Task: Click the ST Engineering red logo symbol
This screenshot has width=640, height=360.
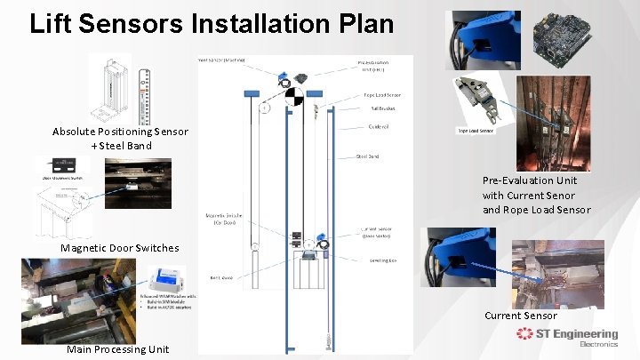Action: [524, 334]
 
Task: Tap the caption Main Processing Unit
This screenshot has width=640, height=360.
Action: [118, 349]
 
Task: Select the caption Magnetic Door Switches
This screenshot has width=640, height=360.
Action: [119, 247]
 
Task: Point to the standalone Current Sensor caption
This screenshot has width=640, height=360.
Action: [521, 316]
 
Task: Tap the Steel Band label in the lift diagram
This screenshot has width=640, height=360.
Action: [368, 156]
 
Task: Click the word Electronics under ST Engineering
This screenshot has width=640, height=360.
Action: [598, 344]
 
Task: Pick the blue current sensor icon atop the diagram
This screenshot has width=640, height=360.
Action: [282, 76]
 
